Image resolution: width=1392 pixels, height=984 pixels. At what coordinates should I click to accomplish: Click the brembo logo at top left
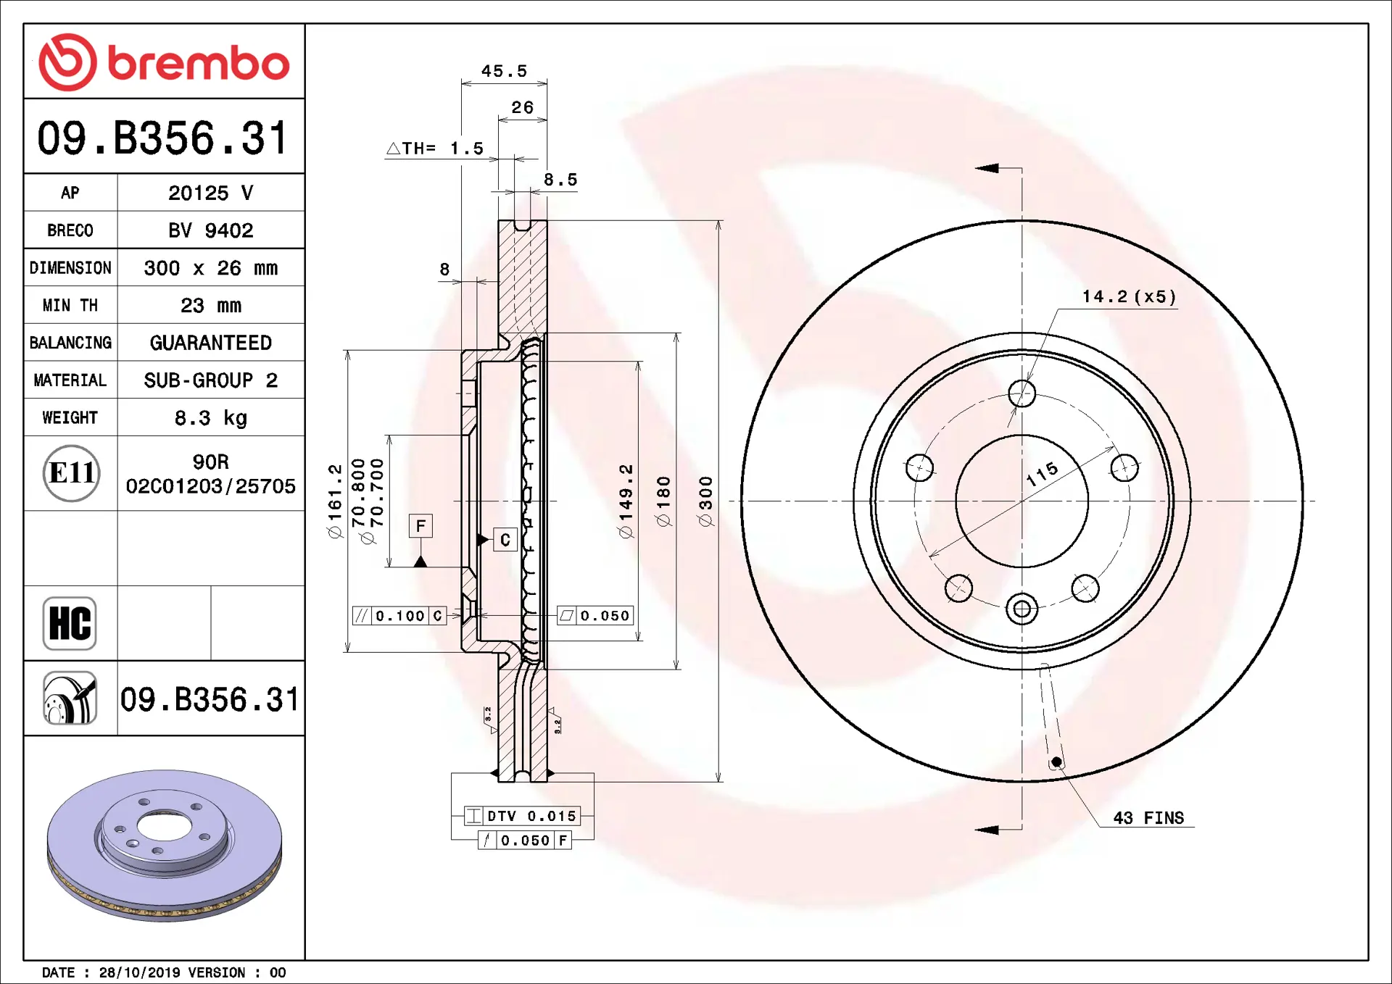tap(164, 62)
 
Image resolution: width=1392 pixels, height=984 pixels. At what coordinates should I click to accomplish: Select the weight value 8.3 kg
tap(211, 418)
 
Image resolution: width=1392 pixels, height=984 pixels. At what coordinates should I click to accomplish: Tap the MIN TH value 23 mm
tap(211, 306)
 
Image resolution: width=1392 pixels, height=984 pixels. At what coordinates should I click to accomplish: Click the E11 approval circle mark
tap(71, 473)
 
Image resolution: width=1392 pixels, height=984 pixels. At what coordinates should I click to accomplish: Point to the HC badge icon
tap(70, 623)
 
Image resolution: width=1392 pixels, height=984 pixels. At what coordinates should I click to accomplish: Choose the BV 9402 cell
tap(211, 230)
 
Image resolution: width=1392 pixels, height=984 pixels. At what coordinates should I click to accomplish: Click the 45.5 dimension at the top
tap(504, 71)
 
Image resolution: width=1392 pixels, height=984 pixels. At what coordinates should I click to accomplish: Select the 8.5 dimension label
tap(560, 180)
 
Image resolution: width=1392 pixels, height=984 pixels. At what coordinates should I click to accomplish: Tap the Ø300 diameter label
tap(705, 501)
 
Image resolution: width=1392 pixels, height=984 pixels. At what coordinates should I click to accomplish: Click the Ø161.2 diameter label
tap(334, 501)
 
